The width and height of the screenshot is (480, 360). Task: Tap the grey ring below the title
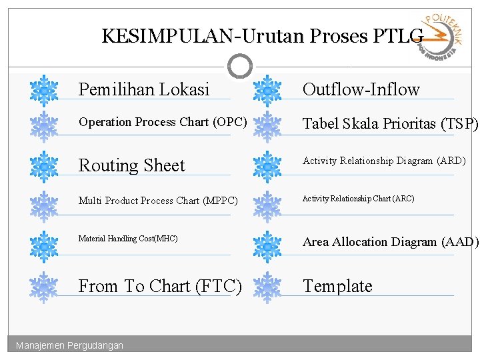[x=240, y=65]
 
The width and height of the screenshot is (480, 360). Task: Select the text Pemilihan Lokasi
[x=144, y=89]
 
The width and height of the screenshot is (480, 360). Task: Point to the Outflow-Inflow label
[x=361, y=89]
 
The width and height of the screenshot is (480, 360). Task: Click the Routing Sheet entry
[x=132, y=165]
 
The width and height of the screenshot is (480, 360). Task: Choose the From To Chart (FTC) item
[x=160, y=286]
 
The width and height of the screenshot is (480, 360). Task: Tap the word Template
[x=337, y=286]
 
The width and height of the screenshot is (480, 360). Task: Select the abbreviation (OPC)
[x=230, y=122]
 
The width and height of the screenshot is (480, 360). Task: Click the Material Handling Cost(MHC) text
[x=128, y=238]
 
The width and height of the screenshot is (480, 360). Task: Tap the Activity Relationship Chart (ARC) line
[x=358, y=198]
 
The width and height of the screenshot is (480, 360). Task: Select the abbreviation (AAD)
[x=460, y=242]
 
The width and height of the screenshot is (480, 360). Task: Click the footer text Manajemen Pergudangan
[x=69, y=345]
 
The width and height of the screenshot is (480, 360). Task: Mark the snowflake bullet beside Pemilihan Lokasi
[x=44, y=90]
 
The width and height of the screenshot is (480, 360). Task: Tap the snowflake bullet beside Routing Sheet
[x=44, y=166]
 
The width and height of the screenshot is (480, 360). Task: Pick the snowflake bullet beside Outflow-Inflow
[x=267, y=90]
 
